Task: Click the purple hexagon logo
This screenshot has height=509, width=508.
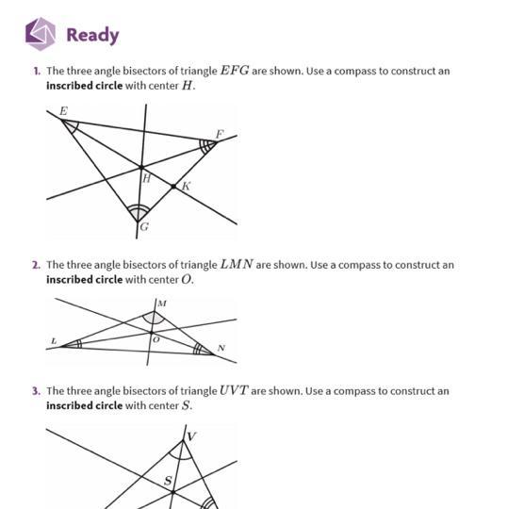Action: pos(41,34)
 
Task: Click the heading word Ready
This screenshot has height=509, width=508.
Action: pos(93,36)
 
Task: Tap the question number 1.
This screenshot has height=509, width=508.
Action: pos(37,71)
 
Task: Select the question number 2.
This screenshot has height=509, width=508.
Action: pos(37,265)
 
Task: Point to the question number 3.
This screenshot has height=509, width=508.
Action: pos(37,391)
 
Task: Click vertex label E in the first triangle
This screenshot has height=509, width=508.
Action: pos(64,111)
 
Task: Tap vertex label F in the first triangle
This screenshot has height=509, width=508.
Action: pos(220,134)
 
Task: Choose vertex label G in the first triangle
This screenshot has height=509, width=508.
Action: pos(144,226)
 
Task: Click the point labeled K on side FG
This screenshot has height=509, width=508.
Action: pos(173,187)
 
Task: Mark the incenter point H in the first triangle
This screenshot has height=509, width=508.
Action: pos(141,168)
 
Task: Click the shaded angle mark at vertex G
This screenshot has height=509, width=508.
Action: pos(139,212)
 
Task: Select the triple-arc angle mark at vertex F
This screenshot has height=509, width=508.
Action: pos(206,146)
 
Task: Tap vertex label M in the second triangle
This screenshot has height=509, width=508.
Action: pos(162,304)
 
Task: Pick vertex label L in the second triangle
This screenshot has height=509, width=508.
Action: pos(55,341)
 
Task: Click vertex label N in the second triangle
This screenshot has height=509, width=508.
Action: pos(221,348)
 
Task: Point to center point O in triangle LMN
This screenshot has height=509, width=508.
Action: pos(151,333)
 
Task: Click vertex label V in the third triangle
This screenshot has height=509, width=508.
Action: pos(191,436)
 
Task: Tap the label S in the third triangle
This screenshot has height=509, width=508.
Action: pos(168,481)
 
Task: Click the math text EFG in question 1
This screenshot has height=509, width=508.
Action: pos(235,71)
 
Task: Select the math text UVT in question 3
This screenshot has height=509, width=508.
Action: pos(234,390)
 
